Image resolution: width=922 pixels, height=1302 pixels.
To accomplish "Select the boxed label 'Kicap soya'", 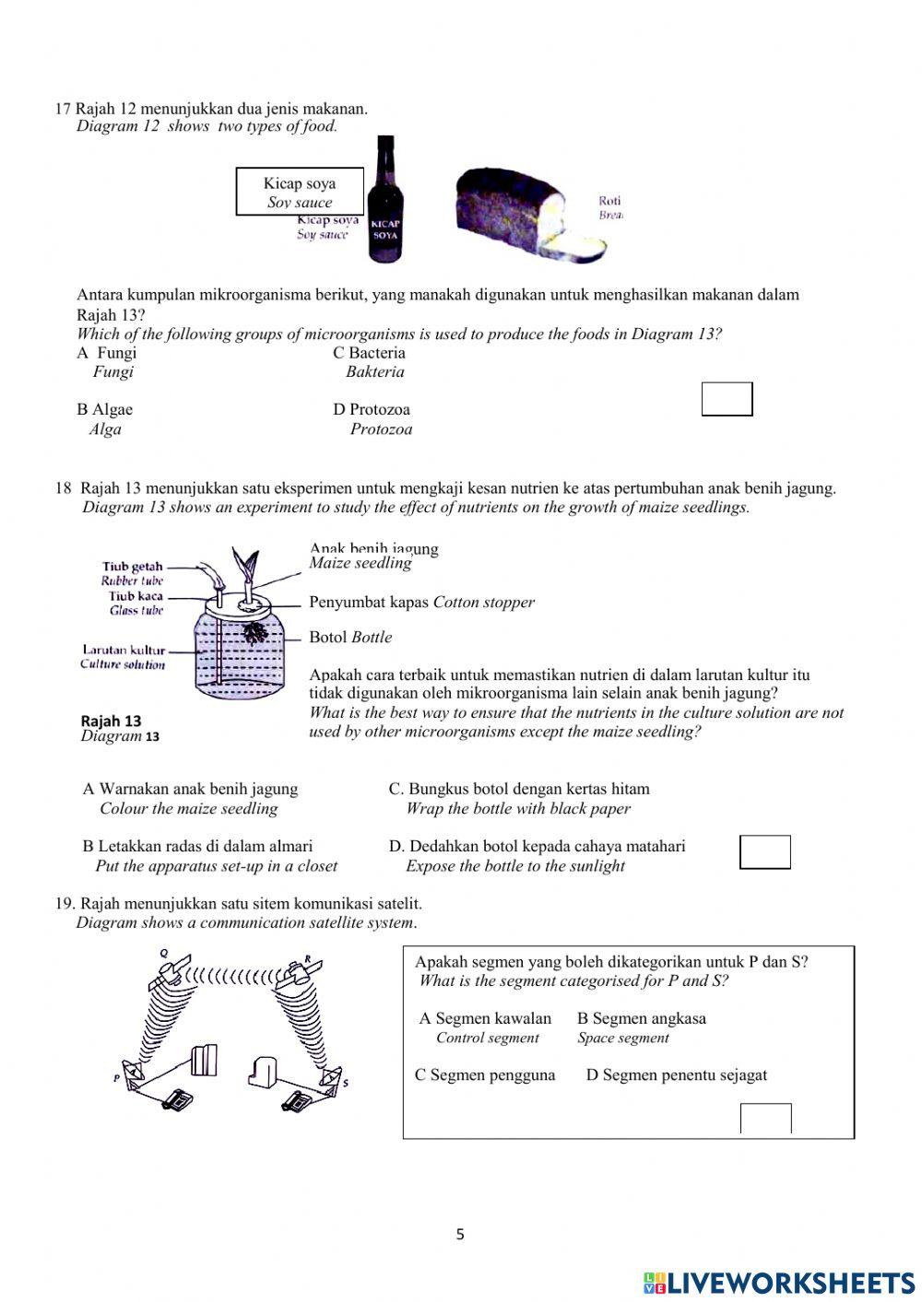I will click(300, 192).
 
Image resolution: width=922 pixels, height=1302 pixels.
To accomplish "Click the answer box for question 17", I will click(727, 399).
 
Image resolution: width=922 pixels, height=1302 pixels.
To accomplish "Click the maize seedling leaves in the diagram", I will click(245, 563).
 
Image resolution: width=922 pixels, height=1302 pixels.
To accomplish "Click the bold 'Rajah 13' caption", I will click(111, 721).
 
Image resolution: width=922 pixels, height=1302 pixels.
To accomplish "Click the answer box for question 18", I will click(765, 852).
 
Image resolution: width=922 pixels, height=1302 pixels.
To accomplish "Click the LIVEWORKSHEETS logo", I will click(779, 1282).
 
